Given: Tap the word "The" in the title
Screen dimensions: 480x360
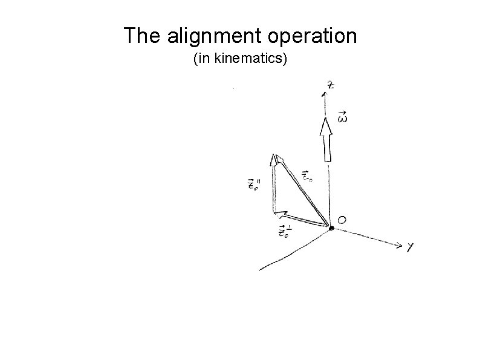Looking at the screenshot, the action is (x=143, y=37).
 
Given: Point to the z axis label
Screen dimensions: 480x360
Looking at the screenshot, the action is (x=330, y=85).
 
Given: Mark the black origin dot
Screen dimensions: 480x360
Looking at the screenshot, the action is (x=331, y=227).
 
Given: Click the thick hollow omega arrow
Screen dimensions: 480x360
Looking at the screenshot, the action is (x=326, y=140).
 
